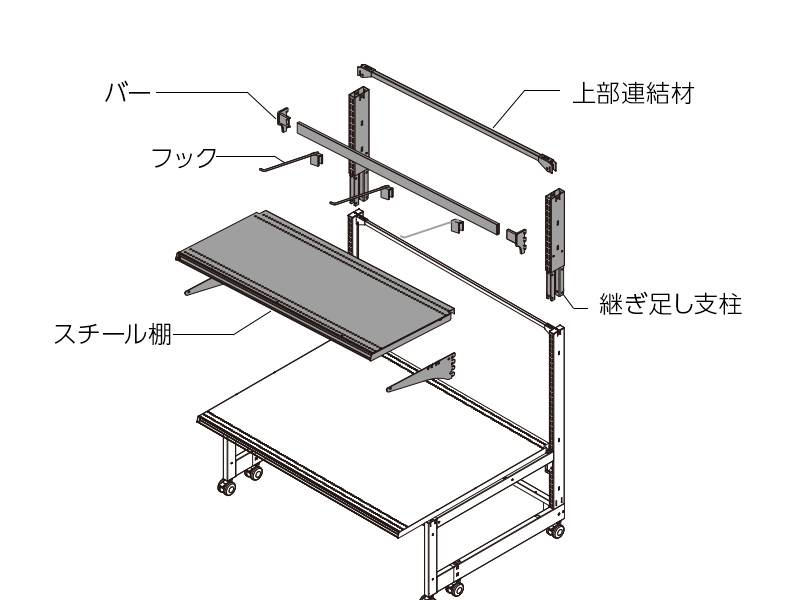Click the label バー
(x=128, y=93)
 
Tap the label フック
(x=184, y=158)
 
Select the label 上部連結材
(x=633, y=93)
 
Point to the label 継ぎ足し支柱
(x=670, y=304)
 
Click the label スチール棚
(x=112, y=334)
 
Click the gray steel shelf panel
(x=315, y=286)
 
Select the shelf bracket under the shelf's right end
(x=421, y=372)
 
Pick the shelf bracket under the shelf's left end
(x=203, y=286)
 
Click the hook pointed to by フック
(x=291, y=161)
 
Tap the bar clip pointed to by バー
(x=284, y=119)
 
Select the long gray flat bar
(x=397, y=178)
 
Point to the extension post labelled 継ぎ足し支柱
(x=555, y=245)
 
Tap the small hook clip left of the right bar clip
(x=458, y=227)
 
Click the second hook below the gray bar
(x=363, y=196)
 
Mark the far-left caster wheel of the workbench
(x=227, y=487)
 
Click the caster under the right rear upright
(x=557, y=531)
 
